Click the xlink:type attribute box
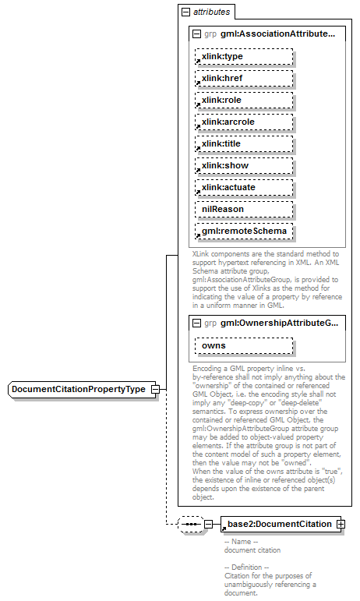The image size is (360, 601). click(x=244, y=57)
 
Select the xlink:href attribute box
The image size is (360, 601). click(x=244, y=79)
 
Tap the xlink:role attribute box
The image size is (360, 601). click(x=244, y=101)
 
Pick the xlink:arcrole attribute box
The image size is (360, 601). click(x=244, y=122)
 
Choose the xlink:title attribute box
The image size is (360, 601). click(x=244, y=144)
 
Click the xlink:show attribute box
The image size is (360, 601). click(x=244, y=166)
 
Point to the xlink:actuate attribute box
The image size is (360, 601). click(x=244, y=188)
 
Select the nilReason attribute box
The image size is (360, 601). click(x=244, y=210)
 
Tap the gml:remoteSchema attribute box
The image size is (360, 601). click(x=244, y=232)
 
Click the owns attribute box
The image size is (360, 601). click(x=244, y=345)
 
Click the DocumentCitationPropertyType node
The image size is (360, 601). click(x=78, y=389)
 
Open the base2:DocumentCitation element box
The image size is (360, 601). click(x=278, y=524)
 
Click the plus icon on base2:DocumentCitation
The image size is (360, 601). click(x=341, y=524)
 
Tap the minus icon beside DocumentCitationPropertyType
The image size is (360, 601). click(x=156, y=389)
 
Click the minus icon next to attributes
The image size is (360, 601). click(x=185, y=12)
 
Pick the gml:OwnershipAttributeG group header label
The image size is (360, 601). click(x=278, y=323)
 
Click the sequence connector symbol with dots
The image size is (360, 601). click(x=191, y=525)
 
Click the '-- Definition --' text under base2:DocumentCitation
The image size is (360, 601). click(x=246, y=567)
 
